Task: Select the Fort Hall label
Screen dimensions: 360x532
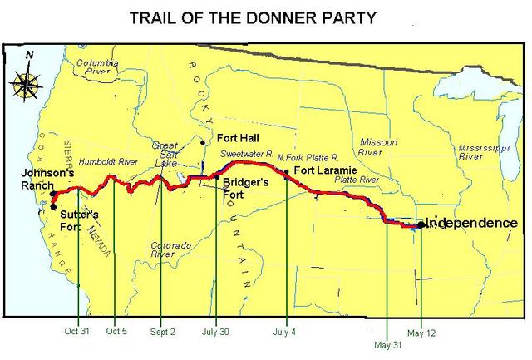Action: pos(237,137)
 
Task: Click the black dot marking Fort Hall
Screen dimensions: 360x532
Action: pos(203,142)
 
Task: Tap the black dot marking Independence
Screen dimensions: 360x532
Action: pos(421,224)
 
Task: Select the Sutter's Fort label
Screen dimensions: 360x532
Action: pos(81,219)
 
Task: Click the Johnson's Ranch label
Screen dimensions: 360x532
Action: pos(26,180)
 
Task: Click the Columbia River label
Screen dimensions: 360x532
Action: pos(99,67)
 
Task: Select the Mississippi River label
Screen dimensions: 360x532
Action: pos(482,150)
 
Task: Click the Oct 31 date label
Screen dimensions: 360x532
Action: pos(76,329)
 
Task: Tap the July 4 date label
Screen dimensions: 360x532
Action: pos(285,329)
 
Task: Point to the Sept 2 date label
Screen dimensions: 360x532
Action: pos(162,329)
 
